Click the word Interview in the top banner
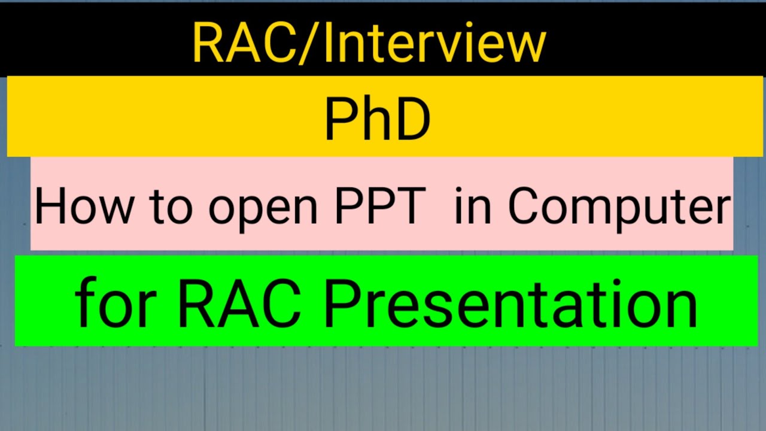coord(435,42)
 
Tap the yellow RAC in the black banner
coord(245,43)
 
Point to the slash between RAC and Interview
coord(310,43)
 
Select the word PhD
coord(378,119)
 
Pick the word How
coord(84,207)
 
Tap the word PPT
coord(380,206)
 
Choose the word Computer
coord(619,209)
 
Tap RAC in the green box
coord(239,303)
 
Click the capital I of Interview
coord(329,43)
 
